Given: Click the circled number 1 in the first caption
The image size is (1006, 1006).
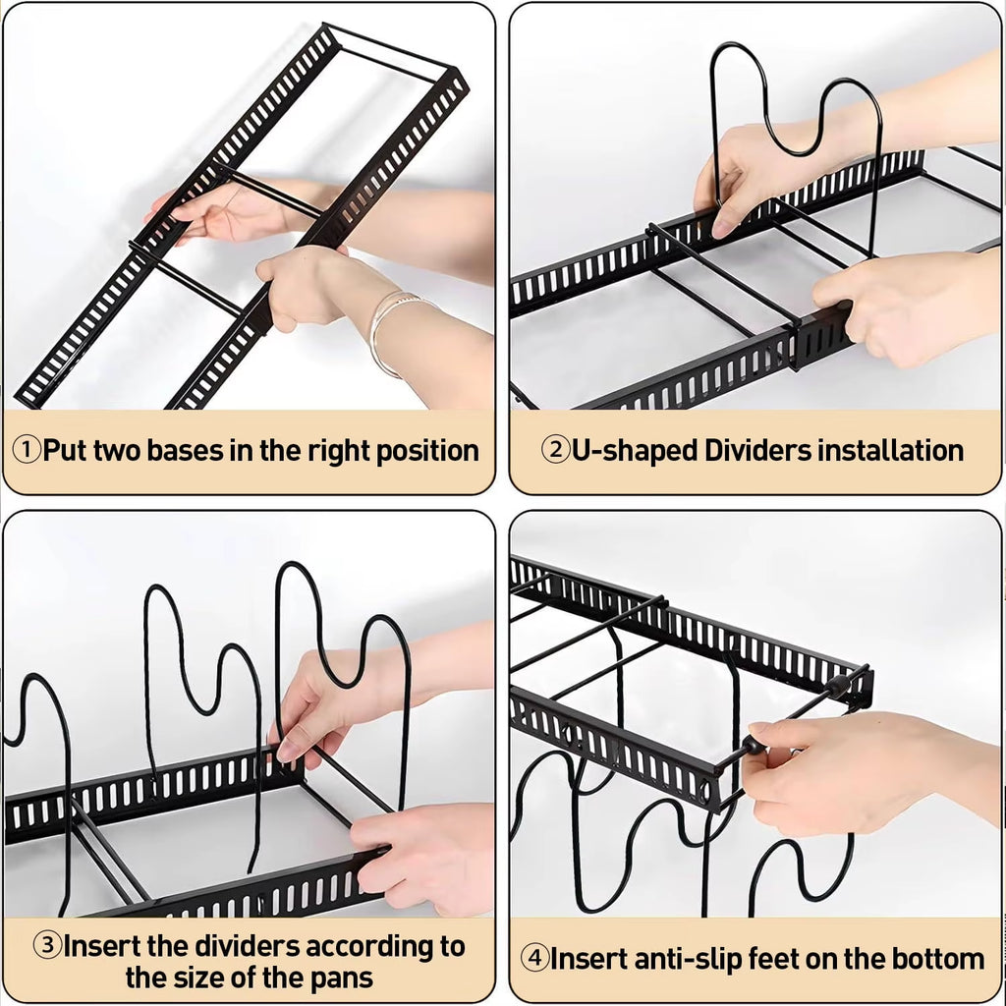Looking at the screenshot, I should [x=27, y=451].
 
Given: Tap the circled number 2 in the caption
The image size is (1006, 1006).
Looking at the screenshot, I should [x=556, y=451].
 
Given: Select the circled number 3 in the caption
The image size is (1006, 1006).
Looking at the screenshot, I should [x=48, y=947].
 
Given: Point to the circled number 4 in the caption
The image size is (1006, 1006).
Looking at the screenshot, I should [x=534, y=959].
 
